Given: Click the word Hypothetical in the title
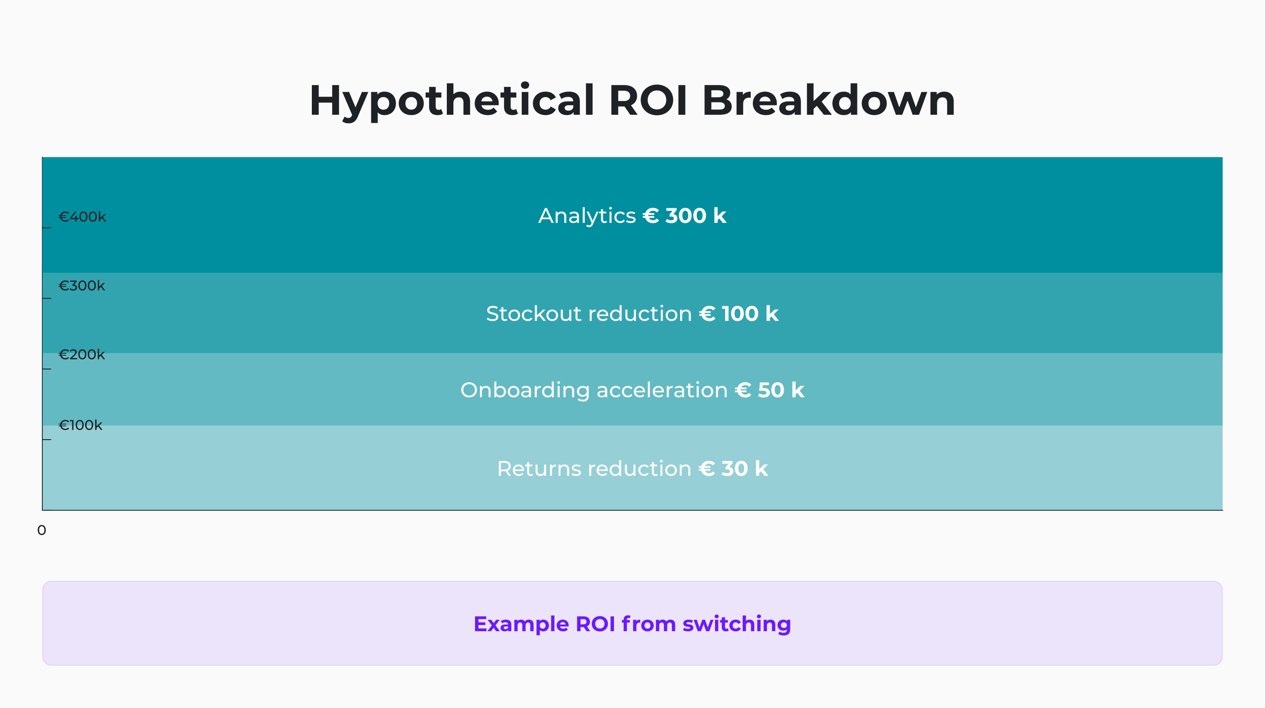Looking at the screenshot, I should tap(452, 101).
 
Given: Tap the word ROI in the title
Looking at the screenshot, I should tap(648, 101).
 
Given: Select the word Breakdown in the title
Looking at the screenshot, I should tap(828, 101).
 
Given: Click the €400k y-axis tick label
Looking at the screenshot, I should tap(82, 217).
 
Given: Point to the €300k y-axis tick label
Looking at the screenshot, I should tap(82, 286).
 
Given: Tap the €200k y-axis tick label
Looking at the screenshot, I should tap(82, 354).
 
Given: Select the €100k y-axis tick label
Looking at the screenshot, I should tap(81, 425).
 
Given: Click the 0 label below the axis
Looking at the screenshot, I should tap(42, 530).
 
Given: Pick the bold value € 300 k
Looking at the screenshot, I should tap(685, 216).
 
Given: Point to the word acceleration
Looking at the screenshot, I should tap(662, 391).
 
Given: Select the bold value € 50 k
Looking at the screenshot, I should tap(770, 391).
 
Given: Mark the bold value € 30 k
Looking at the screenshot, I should tap(733, 469).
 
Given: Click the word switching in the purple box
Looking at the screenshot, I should tap(737, 624).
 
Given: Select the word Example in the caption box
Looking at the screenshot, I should tap(520, 624).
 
